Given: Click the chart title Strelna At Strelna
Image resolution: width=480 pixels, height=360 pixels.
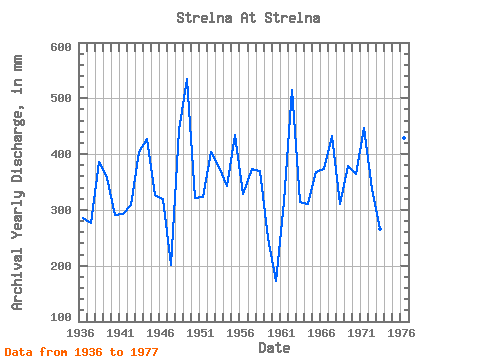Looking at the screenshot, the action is [x=248, y=18].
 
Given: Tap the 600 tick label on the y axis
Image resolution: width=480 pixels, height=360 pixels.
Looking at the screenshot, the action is [x=61, y=47].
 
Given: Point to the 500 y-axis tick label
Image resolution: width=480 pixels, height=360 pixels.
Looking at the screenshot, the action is [x=61, y=98].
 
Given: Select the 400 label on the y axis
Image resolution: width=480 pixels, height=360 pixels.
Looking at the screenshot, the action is [x=61, y=154].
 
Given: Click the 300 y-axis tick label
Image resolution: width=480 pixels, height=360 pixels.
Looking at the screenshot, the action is [x=61, y=210].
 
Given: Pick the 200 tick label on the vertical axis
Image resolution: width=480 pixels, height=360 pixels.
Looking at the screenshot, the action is [x=61, y=266].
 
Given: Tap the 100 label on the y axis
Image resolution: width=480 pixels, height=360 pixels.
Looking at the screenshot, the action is [x=61, y=317].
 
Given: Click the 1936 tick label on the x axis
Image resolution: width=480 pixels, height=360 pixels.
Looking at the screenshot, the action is [x=80, y=333].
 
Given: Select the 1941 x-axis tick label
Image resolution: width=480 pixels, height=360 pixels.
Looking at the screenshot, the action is [x=120, y=333].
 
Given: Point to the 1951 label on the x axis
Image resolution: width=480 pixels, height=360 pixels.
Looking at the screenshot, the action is [x=200, y=333].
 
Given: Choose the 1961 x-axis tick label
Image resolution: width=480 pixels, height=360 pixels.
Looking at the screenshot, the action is [x=281, y=333].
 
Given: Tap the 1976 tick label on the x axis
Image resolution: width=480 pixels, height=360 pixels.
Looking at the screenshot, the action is [x=401, y=333].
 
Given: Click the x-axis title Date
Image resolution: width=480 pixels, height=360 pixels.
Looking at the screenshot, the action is [x=274, y=348].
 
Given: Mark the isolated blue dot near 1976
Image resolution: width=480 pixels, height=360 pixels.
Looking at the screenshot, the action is [x=404, y=138].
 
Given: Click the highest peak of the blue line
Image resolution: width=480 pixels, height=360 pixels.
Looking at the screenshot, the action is [x=187, y=79].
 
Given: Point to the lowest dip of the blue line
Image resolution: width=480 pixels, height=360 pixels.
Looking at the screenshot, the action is [x=276, y=281].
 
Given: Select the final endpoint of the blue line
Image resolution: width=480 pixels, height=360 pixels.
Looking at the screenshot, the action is [x=380, y=229].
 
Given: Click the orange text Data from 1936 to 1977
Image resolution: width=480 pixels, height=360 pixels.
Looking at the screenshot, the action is [x=81, y=352].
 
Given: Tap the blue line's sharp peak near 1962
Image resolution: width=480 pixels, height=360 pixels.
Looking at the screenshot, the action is [x=292, y=90].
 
